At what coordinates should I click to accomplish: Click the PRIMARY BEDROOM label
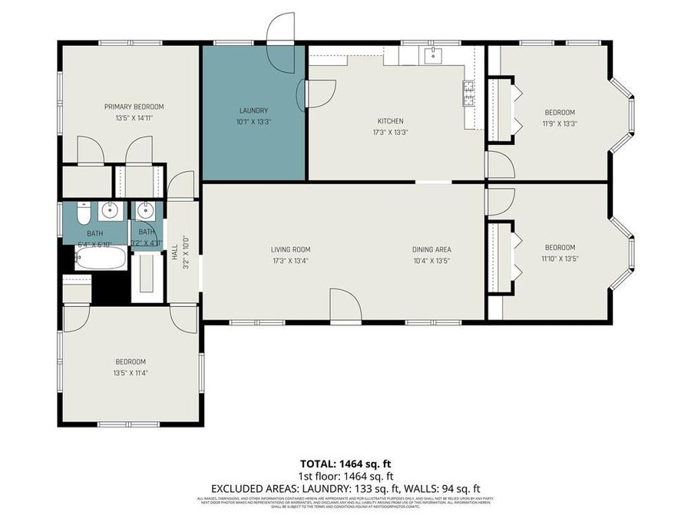point(134,107)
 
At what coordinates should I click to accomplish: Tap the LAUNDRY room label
point(253,110)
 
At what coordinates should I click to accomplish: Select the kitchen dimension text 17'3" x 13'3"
point(390,132)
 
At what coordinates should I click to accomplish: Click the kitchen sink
point(433,54)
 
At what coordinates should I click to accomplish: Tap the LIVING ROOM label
point(290,249)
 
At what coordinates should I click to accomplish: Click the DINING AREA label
point(431,249)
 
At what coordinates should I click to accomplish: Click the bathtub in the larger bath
point(101,259)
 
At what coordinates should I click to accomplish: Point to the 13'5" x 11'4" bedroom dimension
point(130,373)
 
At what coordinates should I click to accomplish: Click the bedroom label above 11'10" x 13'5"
point(560,247)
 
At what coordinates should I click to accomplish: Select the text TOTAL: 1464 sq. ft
point(345,464)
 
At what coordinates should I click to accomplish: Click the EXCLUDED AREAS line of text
point(345,488)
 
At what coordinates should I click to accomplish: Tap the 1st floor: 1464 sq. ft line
point(345,476)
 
